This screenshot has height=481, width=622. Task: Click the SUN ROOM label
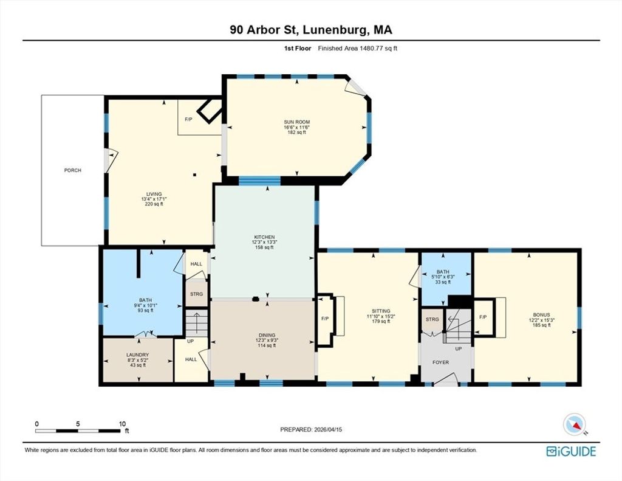coord(296,122)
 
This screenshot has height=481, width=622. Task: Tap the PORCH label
coord(73,170)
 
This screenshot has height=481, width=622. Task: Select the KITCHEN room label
coord(264,237)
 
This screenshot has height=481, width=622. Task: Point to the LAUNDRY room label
coord(138,355)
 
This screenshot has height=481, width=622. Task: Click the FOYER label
coord(440,362)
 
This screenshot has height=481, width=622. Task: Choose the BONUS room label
coord(541,314)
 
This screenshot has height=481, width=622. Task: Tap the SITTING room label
coord(381,311)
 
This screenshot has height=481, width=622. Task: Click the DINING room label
coord(267,335)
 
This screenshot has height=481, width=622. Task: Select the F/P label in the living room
coord(189,119)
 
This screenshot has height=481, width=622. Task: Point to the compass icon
coord(575,424)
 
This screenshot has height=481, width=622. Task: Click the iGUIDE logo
coord(571,451)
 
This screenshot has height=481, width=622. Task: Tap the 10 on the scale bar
coord(122,424)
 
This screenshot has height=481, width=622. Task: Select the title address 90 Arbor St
coord(265,30)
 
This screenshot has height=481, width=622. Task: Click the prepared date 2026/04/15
coord(328,429)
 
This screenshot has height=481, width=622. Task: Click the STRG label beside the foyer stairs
coord(432,319)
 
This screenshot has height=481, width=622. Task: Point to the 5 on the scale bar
coord(78,424)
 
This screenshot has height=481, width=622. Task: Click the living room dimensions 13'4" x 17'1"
coord(154,199)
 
